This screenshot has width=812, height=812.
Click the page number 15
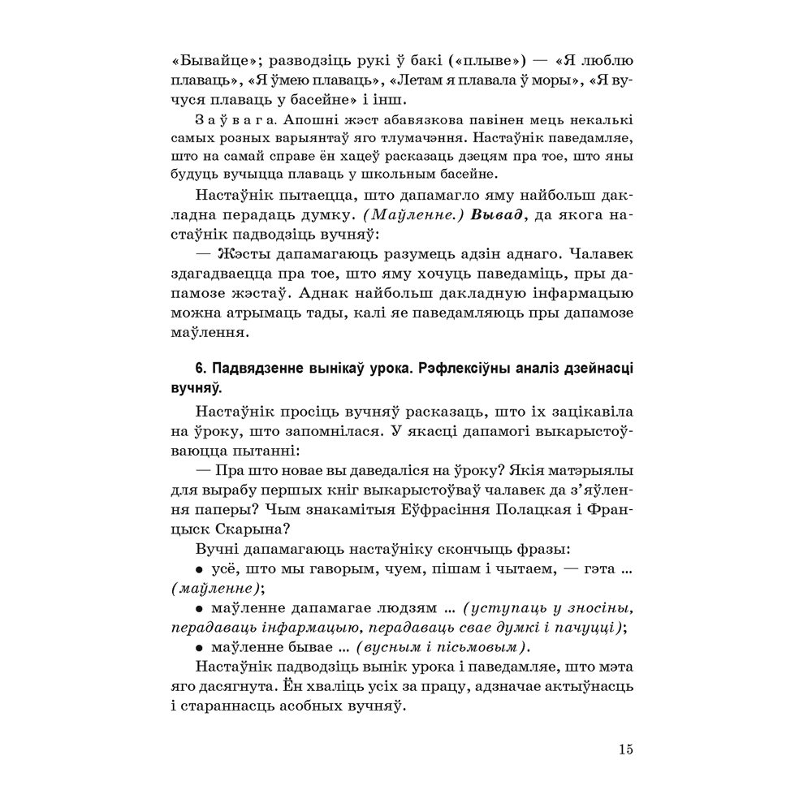coord(624,749)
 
